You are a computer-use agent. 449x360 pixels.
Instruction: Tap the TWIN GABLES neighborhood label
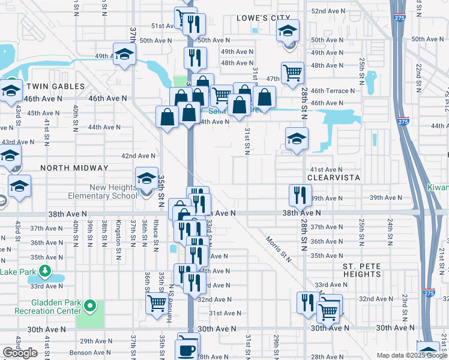56,86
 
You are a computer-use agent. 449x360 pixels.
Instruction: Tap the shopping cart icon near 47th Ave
292,73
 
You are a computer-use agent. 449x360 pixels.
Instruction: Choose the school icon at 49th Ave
124,55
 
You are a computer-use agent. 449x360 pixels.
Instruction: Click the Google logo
20,353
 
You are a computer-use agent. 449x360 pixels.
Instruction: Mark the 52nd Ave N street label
328,11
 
